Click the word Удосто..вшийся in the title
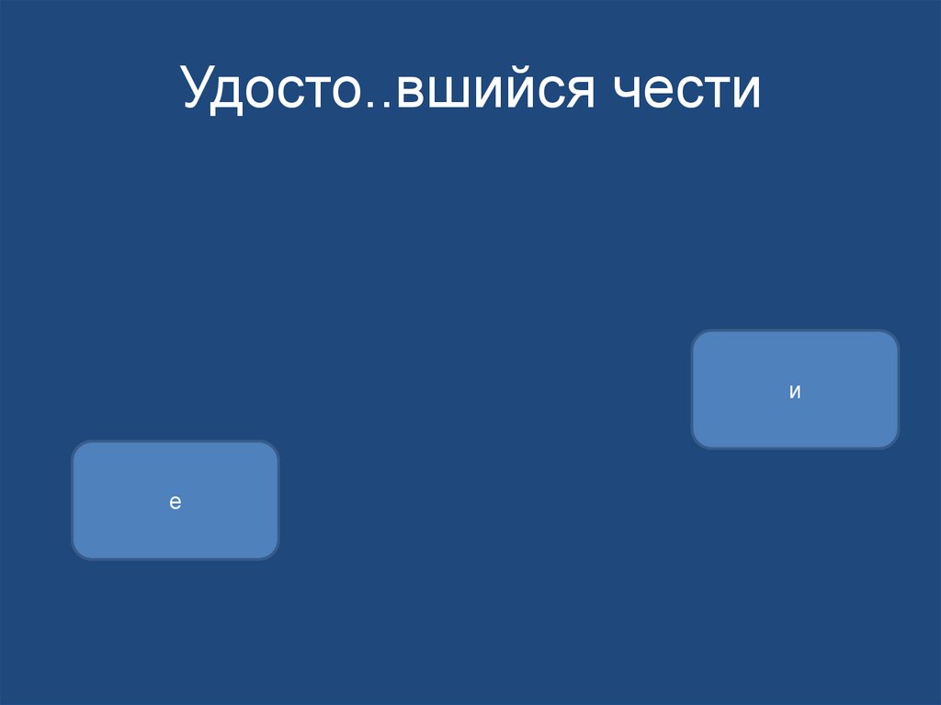[x=386, y=90]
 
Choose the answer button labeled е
[x=175, y=501]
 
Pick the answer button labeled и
[x=795, y=390]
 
